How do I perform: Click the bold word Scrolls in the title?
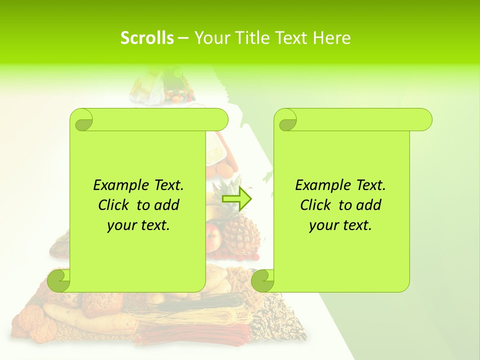click(x=147, y=38)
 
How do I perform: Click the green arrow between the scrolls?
click(x=236, y=198)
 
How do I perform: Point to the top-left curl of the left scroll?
click(x=81, y=120)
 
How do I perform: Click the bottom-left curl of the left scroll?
click(x=58, y=280)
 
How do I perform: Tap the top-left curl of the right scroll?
click(x=286, y=120)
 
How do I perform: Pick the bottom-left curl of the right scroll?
click(x=262, y=280)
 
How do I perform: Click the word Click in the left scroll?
click(x=113, y=205)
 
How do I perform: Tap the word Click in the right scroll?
click(x=315, y=205)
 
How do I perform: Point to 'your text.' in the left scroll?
click(x=138, y=225)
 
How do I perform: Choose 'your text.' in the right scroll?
click(x=340, y=225)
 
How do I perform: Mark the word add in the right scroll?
click(x=369, y=205)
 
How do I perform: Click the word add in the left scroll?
click(x=167, y=205)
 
